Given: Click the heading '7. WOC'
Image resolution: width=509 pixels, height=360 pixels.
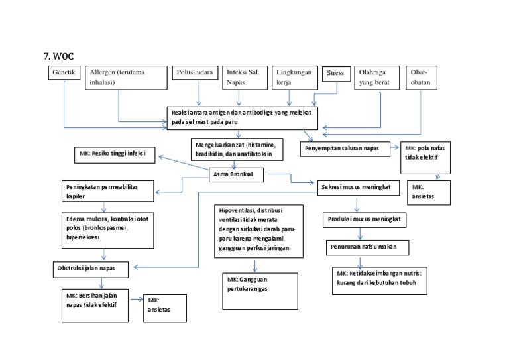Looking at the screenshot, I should [58, 56].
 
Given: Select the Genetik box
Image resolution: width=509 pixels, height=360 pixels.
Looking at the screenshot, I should [64, 72].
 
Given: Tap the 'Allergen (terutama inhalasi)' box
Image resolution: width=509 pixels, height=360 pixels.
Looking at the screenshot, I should [125, 77].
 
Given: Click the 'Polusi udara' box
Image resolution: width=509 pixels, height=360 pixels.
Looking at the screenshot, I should [194, 72].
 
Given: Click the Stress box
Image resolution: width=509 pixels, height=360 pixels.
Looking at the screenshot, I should [335, 73].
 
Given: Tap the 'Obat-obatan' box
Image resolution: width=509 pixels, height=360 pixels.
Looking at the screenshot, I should [420, 77].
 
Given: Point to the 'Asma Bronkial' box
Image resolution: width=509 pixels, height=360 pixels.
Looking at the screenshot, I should [235, 175].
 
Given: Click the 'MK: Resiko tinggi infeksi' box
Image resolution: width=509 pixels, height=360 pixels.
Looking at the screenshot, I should [114, 154].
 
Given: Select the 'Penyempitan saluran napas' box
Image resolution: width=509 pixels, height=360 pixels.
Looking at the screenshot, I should [347, 149].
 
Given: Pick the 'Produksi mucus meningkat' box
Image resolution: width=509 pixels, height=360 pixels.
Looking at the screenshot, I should [365, 218].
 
